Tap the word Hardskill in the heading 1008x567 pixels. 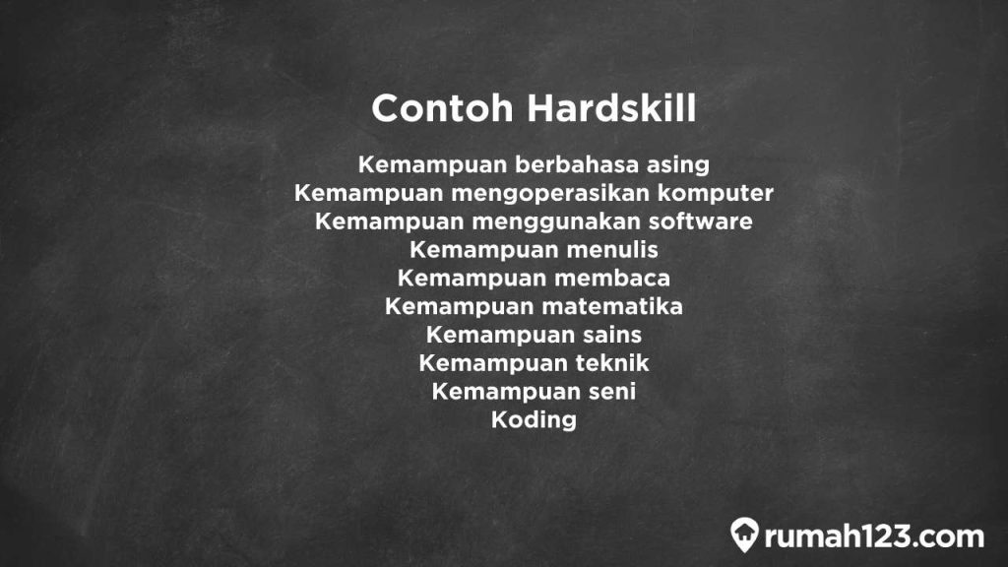click(611, 108)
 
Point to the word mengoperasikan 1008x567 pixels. click(532, 192)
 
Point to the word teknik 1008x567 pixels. click(612, 363)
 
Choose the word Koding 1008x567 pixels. click(534, 420)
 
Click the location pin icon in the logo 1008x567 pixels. click(744, 535)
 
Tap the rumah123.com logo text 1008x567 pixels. click(872, 536)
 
